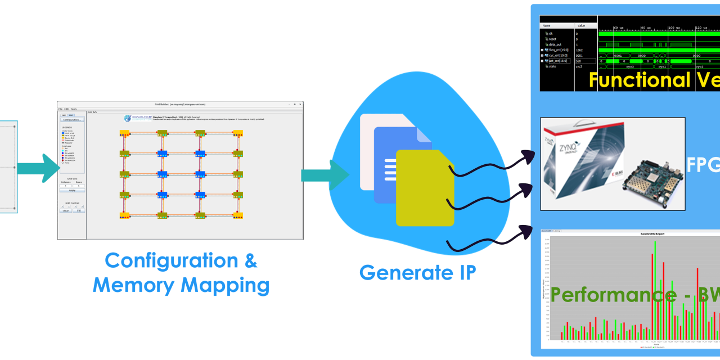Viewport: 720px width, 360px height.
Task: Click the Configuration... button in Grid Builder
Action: [x=71, y=120]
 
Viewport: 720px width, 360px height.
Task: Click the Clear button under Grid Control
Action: [x=65, y=210]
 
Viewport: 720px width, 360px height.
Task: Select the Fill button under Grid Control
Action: [x=79, y=210]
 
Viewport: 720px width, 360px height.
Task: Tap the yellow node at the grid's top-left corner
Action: [x=125, y=133]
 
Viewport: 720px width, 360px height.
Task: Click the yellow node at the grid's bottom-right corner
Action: [x=238, y=215]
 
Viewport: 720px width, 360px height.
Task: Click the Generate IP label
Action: [x=417, y=273]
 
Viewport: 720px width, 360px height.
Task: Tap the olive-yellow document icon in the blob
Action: [x=425, y=188]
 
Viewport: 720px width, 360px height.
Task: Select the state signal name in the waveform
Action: [x=552, y=66]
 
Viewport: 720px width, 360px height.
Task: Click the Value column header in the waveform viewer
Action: [x=581, y=26]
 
